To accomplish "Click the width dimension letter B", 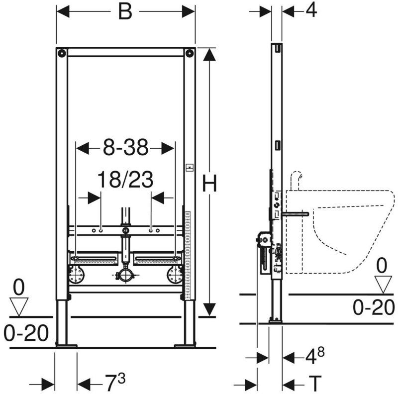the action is (125, 11).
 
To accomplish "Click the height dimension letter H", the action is (209, 183).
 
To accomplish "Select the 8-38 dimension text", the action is (125, 147).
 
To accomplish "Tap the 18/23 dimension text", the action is (125, 180).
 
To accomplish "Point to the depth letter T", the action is (315, 383).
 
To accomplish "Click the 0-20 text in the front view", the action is (26, 333).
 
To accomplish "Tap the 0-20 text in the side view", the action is (374, 307).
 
